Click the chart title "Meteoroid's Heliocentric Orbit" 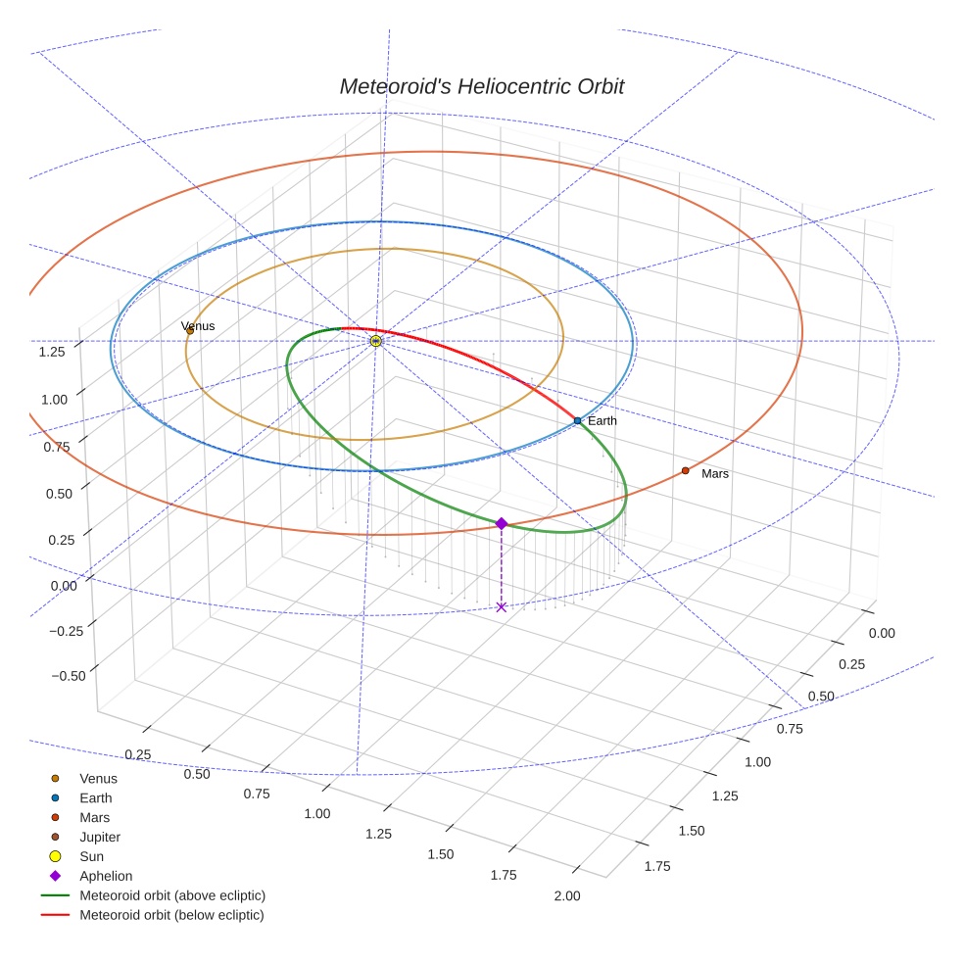point(481,86)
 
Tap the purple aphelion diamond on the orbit point(502,524)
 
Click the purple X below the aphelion point(502,607)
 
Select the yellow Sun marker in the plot point(376,341)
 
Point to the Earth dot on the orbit point(577,420)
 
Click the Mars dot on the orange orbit point(685,471)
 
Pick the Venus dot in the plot point(190,331)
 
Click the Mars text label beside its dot point(715,474)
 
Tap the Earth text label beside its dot point(602,421)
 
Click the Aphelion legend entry point(105,876)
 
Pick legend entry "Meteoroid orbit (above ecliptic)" point(172,895)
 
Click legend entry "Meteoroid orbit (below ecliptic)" point(171,915)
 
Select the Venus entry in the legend point(98,779)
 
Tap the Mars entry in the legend point(94,817)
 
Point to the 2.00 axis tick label point(566,895)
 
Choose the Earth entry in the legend point(95,798)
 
